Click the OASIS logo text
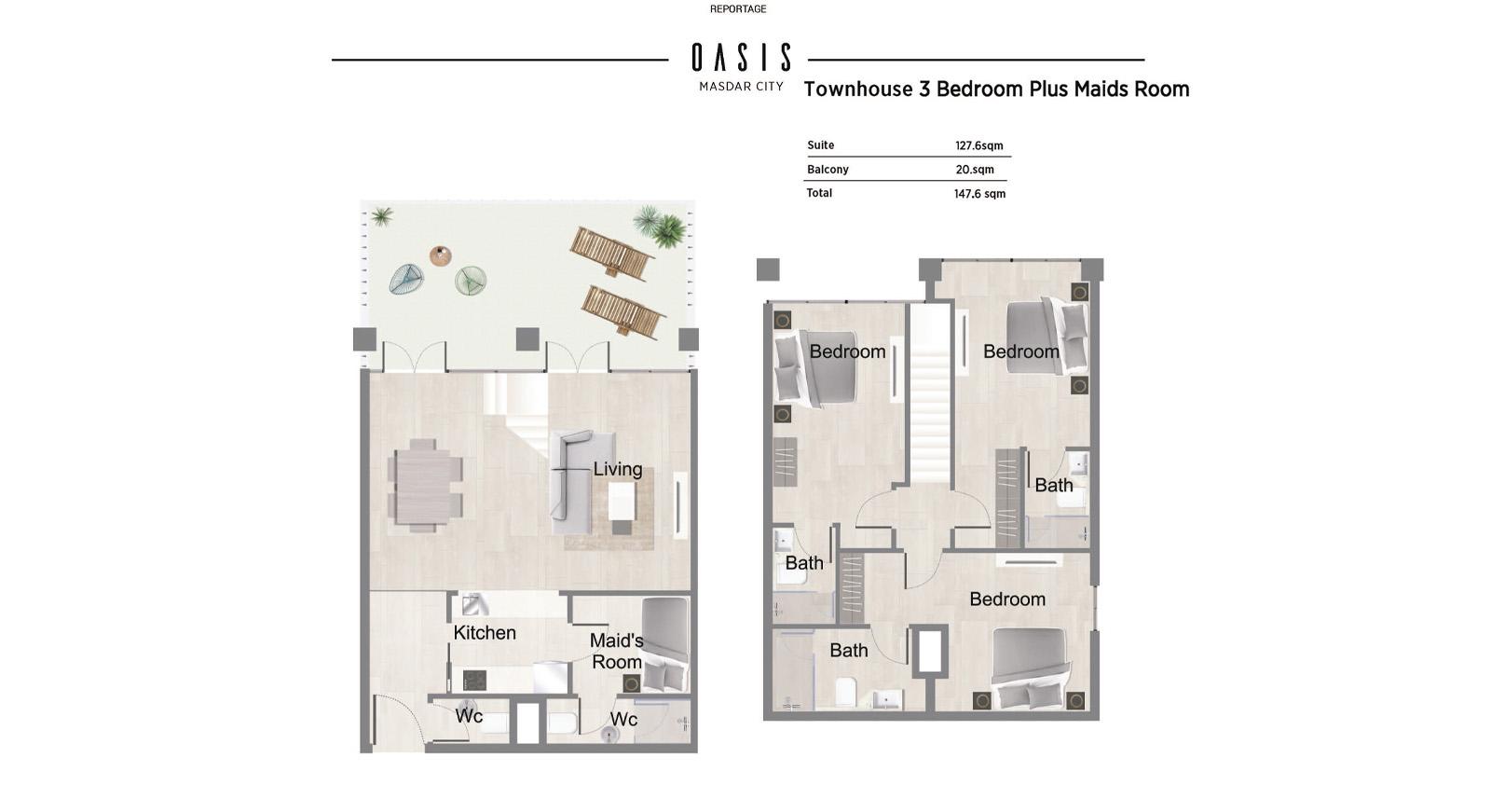click(x=742, y=57)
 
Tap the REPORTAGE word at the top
click(x=738, y=9)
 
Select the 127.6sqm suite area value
click(x=979, y=145)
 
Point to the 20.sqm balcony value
click(x=975, y=170)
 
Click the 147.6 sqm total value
click(x=979, y=194)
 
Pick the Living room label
click(x=618, y=469)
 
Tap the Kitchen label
click(x=485, y=632)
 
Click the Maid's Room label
click(x=616, y=651)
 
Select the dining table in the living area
click(x=425, y=486)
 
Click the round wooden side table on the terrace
click(x=440, y=255)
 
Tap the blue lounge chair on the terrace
click(x=406, y=279)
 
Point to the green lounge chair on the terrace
click(x=471, y=280)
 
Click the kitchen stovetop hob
click(x=474, y=681)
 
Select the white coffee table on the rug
click(x=622, y=501)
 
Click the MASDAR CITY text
click(x=742, y=87)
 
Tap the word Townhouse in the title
click(x=858, y=90)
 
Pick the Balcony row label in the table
click(x=828, y=169)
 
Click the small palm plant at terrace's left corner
click(x=381, y=215)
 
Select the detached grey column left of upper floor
click(x=768, y=269)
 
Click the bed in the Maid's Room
click(x=664, y=644)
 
